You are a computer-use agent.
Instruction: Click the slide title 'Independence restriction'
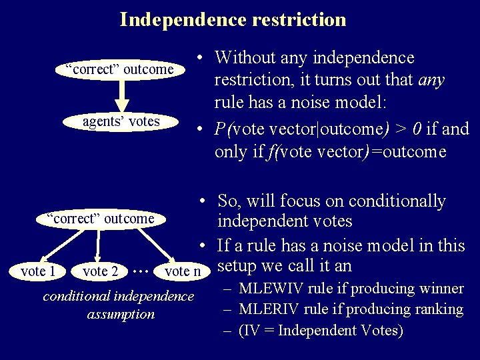click(233, 19)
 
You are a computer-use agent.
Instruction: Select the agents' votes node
click(121, 121)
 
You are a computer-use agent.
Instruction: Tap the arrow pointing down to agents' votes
click(121, 96)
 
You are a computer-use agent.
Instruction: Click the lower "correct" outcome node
click(100, 218)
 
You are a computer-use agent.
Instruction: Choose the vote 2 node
click(100, 271)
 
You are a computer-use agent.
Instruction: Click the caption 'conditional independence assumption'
click(119, 305)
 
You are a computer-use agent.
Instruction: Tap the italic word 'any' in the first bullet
click(431, 81)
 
